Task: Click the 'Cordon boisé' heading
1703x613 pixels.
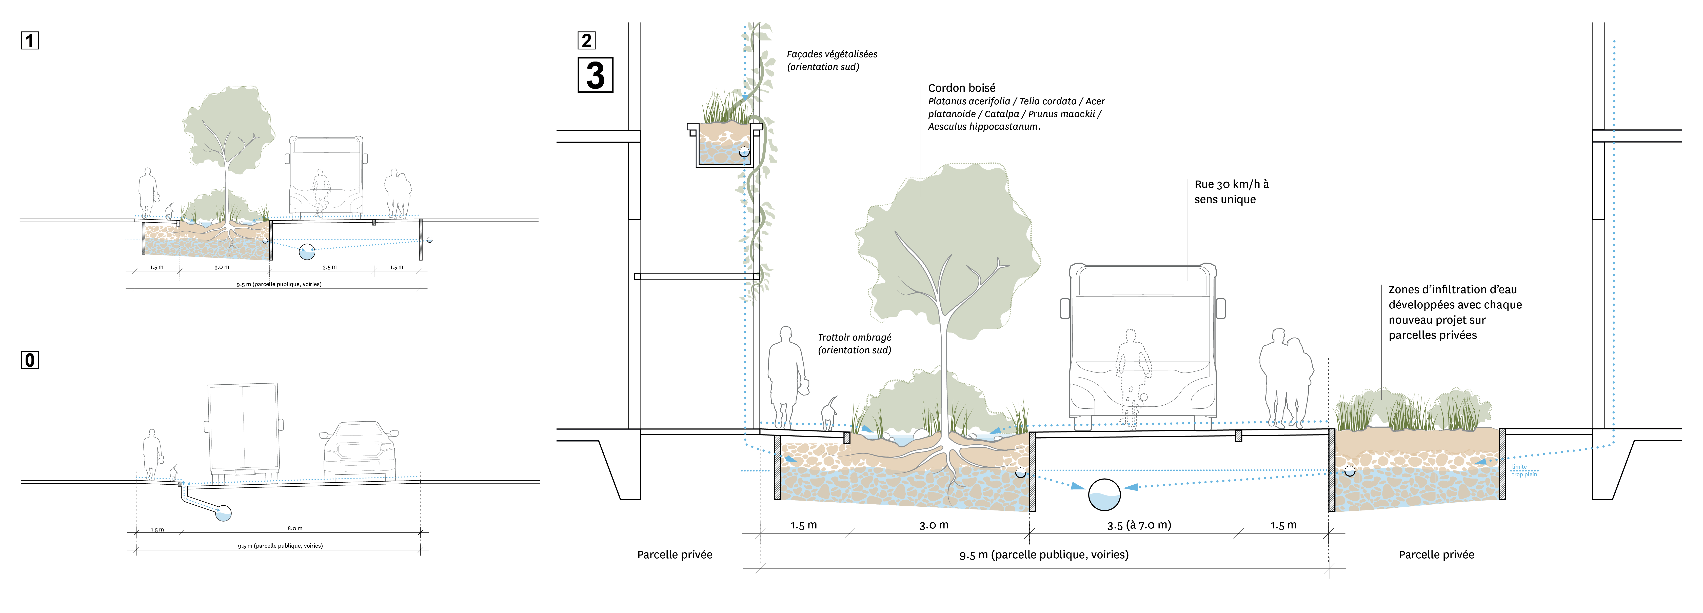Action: [x=961, y=88]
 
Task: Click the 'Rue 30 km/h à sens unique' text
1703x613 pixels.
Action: [x=1231, y=192]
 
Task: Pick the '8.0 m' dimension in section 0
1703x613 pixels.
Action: [x=295, y=528]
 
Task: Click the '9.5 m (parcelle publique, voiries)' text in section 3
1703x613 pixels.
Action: [x=1044, y=555]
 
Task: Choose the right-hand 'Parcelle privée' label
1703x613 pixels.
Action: [x=1436, y=555]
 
